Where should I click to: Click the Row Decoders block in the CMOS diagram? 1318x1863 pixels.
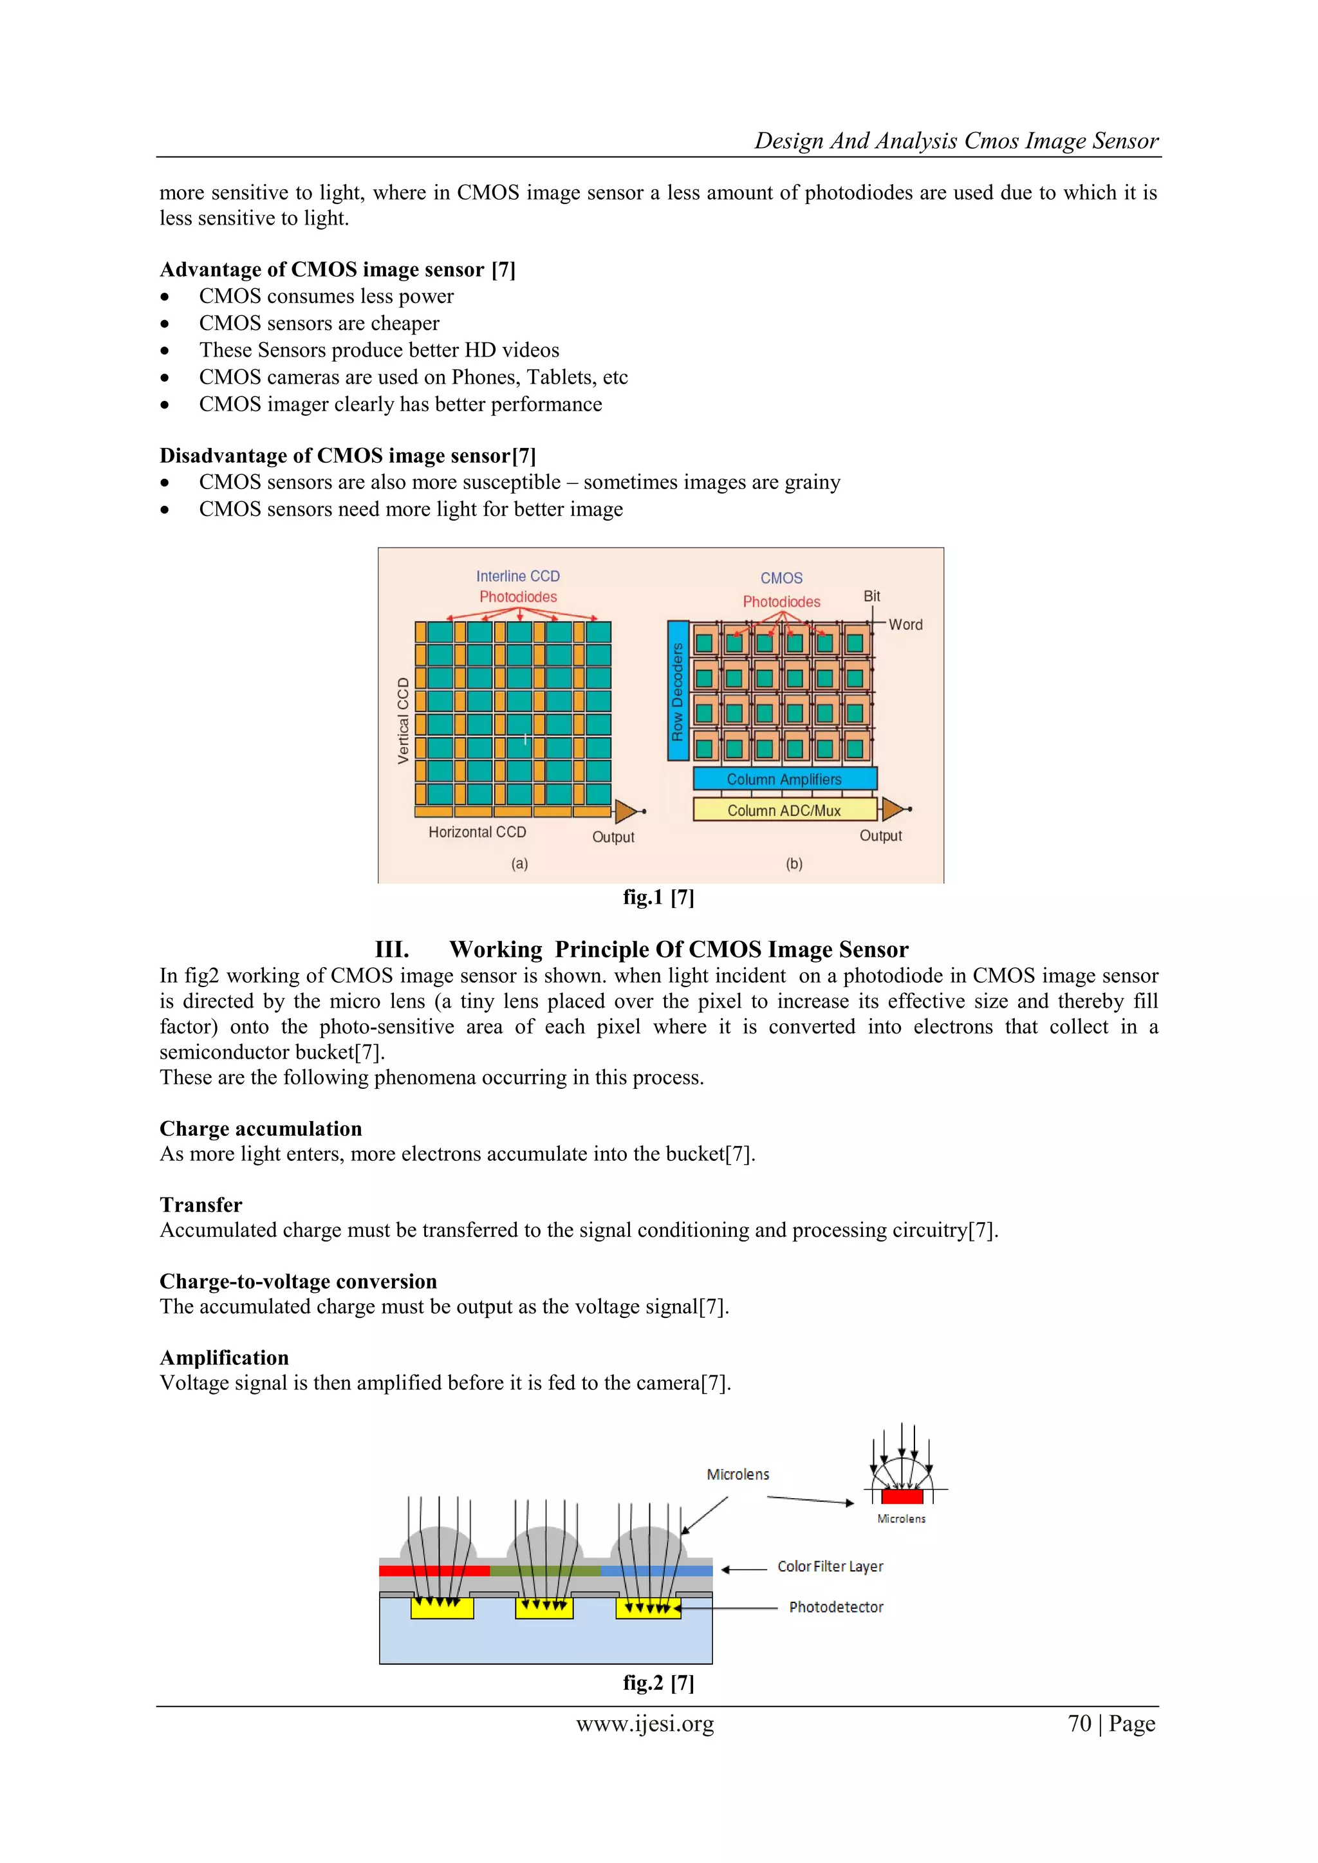pyautogui.click(x=678, y=691)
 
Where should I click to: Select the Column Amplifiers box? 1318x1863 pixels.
pyautogui.click(x=784, y=779)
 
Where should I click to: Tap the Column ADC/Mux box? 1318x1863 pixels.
pyautogui.click(x=784, y=810)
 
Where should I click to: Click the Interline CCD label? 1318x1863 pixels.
pyautogui.click(x=518, y=576)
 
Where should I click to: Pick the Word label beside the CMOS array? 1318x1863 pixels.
pyautogui.click(x=905, y=625)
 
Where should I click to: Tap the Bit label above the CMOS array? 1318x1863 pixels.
pyautogui.click(x=871, y=597)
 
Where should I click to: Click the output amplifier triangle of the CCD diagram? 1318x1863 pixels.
pyautogui.click(x=626, y=811)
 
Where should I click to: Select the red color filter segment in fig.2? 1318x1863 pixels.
pyautogui.click(x=434, y=1571)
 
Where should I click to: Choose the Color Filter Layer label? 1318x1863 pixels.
pyautogui.click(x=830, y=1567)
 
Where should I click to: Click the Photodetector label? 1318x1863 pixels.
pyautogui.click(x=836, y=1608)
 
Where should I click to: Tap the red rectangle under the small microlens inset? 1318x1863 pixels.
pyautogui.click(x=902, y=1496)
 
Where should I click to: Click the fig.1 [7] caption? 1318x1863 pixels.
pyautogui.click(x=658, y=898)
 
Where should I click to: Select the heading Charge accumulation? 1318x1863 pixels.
pyautogui.click(x=261, y=1129)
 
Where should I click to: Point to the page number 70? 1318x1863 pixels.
pyautogui.click(x=1079, y=1723)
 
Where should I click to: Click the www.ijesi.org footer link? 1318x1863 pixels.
pyautogui.click(x=645, y=1723)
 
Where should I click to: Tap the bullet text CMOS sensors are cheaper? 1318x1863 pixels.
pyautogui.click(x=319, y=323)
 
